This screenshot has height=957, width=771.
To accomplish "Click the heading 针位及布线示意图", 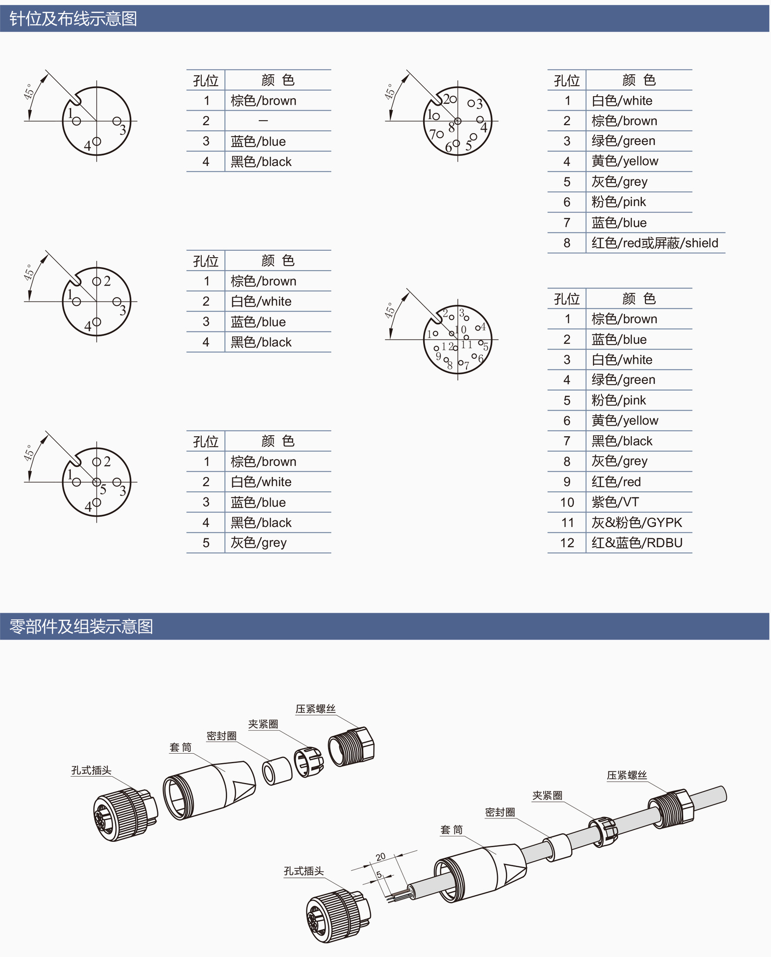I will coord(73,19).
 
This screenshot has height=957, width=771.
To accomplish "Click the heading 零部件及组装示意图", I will coord(81,627).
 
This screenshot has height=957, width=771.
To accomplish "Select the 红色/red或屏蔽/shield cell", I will coord(654,243).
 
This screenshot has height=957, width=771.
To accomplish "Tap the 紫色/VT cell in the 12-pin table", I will coord(615,502).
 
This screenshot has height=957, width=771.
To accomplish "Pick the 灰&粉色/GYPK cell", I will coord(636,523).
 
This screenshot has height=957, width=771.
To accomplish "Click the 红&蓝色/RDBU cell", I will coord(636,543).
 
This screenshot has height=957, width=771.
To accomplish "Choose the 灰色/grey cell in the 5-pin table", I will coord(258,543).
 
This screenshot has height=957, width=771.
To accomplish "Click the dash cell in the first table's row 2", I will coord(263,121).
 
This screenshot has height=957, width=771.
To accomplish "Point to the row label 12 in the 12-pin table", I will coord(567,543).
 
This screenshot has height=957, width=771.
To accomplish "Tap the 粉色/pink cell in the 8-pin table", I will coord(618,202).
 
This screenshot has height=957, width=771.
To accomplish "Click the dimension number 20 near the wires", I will coord(381,857).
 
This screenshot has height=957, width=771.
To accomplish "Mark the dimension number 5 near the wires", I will coord(379,875).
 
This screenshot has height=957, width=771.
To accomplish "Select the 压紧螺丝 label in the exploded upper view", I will coord(315,709).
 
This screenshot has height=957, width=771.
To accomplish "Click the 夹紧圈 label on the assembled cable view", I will coord(547,796).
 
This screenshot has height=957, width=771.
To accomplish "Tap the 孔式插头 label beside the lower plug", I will coord(304,871).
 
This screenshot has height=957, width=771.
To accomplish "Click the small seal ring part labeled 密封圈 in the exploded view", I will coord(277,771).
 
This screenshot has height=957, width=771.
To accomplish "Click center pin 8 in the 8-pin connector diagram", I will coord(458,121).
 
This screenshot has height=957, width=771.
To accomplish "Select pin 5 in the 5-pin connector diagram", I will coord(96,482).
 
